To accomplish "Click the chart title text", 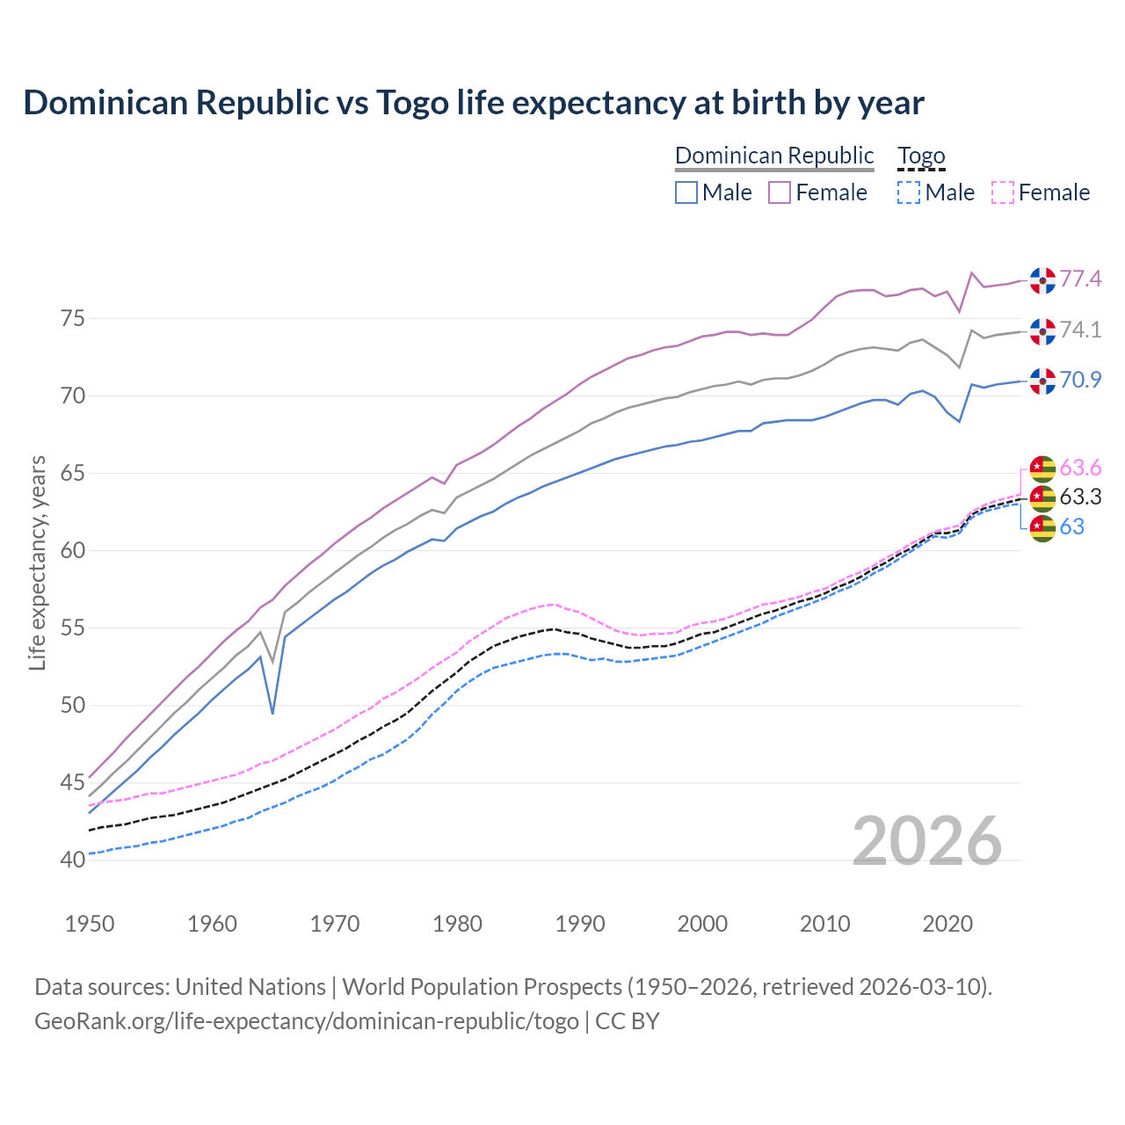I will [474, 103].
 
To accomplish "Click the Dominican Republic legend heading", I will [774, 156].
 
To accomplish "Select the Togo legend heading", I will [920, 156].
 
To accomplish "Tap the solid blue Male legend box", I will [686, 192].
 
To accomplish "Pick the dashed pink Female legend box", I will [1003, 192].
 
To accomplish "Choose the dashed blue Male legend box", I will [909, 192].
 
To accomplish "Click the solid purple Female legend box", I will [780, 192].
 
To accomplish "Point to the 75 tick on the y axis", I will [73, 318].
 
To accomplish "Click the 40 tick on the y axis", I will [73, 860].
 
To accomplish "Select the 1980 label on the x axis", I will [458, 924].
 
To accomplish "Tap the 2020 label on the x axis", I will [947, 924].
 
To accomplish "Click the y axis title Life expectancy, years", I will [37, 562].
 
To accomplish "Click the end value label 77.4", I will [1080, 279].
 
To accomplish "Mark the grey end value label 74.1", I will [1080, 330].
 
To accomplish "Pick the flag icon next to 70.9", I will [1042, 381].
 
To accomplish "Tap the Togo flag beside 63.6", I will [1042, 468].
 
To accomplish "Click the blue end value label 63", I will [1071, 526].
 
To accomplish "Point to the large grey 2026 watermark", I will [926, 841].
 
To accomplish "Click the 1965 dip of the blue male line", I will [272, 712].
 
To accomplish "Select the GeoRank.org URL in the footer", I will [306, 1021].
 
